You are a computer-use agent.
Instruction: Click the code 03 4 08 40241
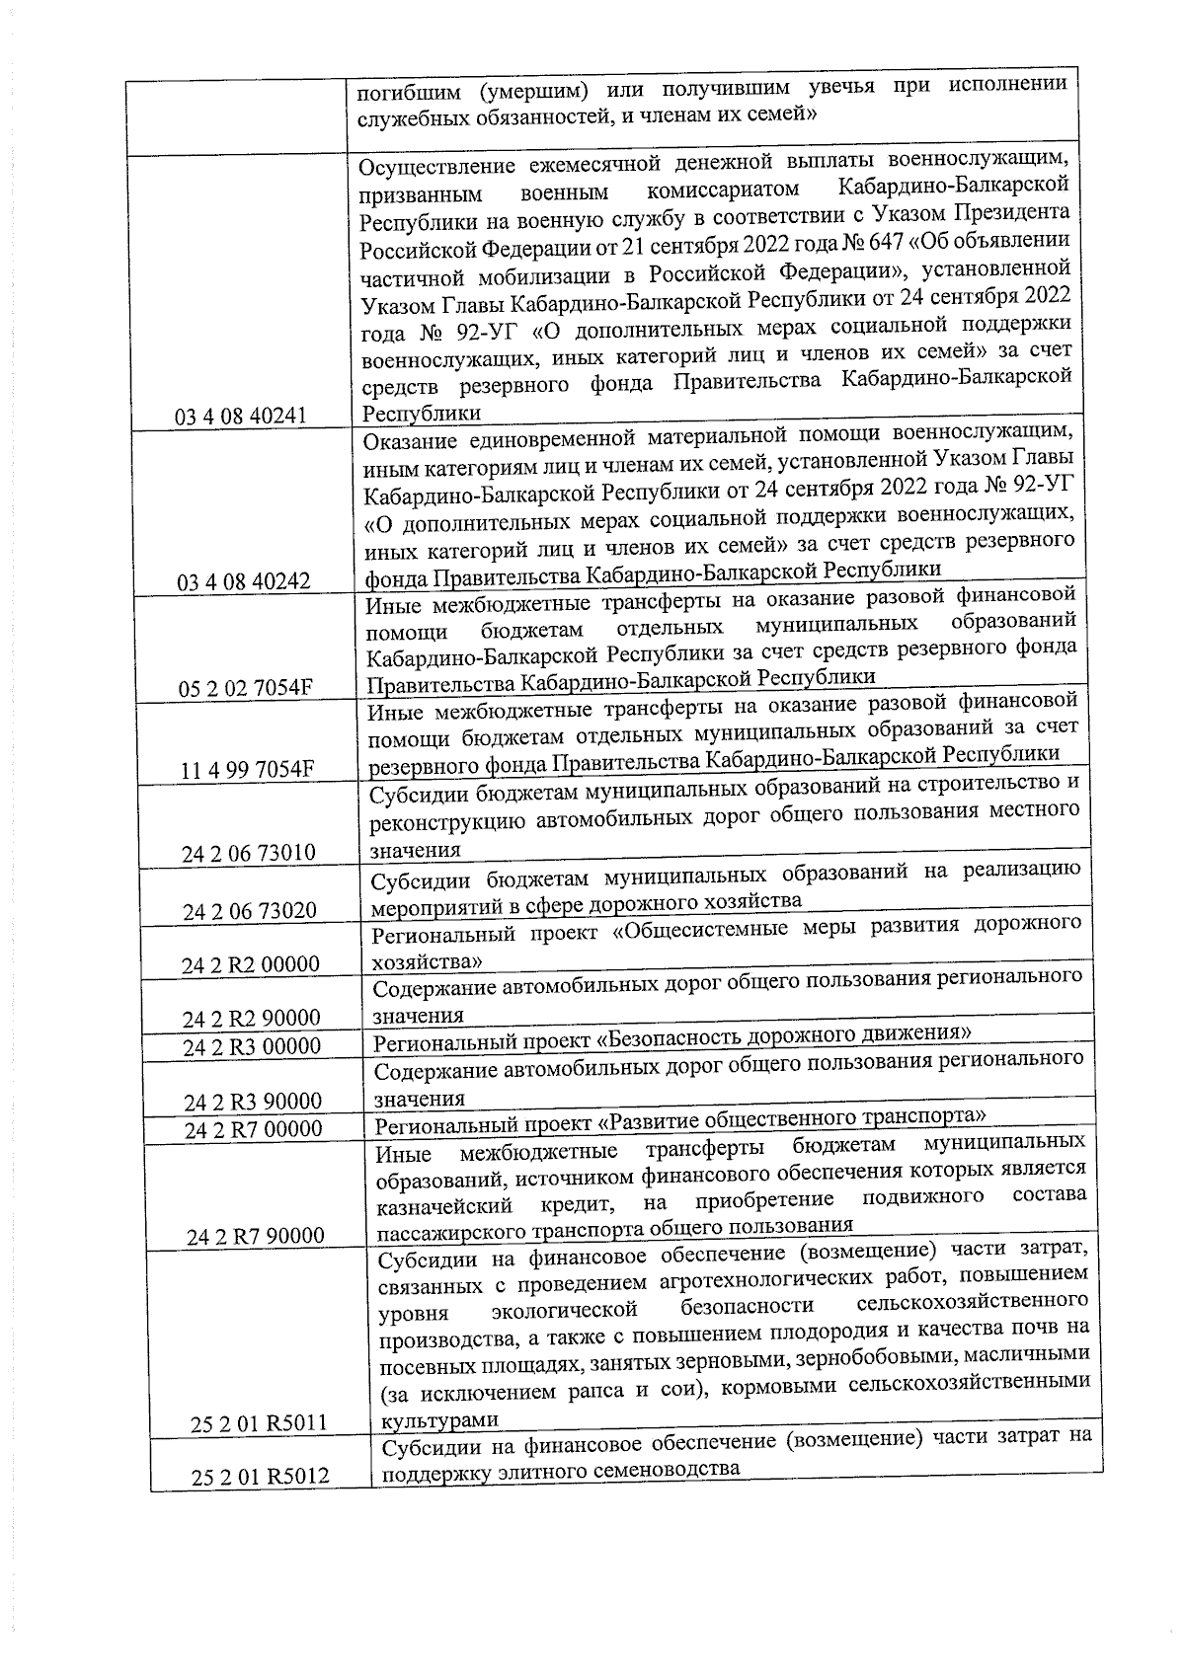(240, 416)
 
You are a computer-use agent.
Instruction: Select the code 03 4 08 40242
(243, 581)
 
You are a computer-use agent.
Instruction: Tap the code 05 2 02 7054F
(246, 688)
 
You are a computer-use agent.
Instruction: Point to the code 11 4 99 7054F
(247, 770)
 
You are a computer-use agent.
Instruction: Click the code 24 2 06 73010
(248, 853)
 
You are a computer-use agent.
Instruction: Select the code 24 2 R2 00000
(251, 965)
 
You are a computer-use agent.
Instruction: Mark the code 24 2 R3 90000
(253, 1102)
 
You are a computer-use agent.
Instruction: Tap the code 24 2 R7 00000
(253, 1129)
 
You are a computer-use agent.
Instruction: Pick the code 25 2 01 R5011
(259, 1422)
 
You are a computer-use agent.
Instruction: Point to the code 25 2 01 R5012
(260, 1478)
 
